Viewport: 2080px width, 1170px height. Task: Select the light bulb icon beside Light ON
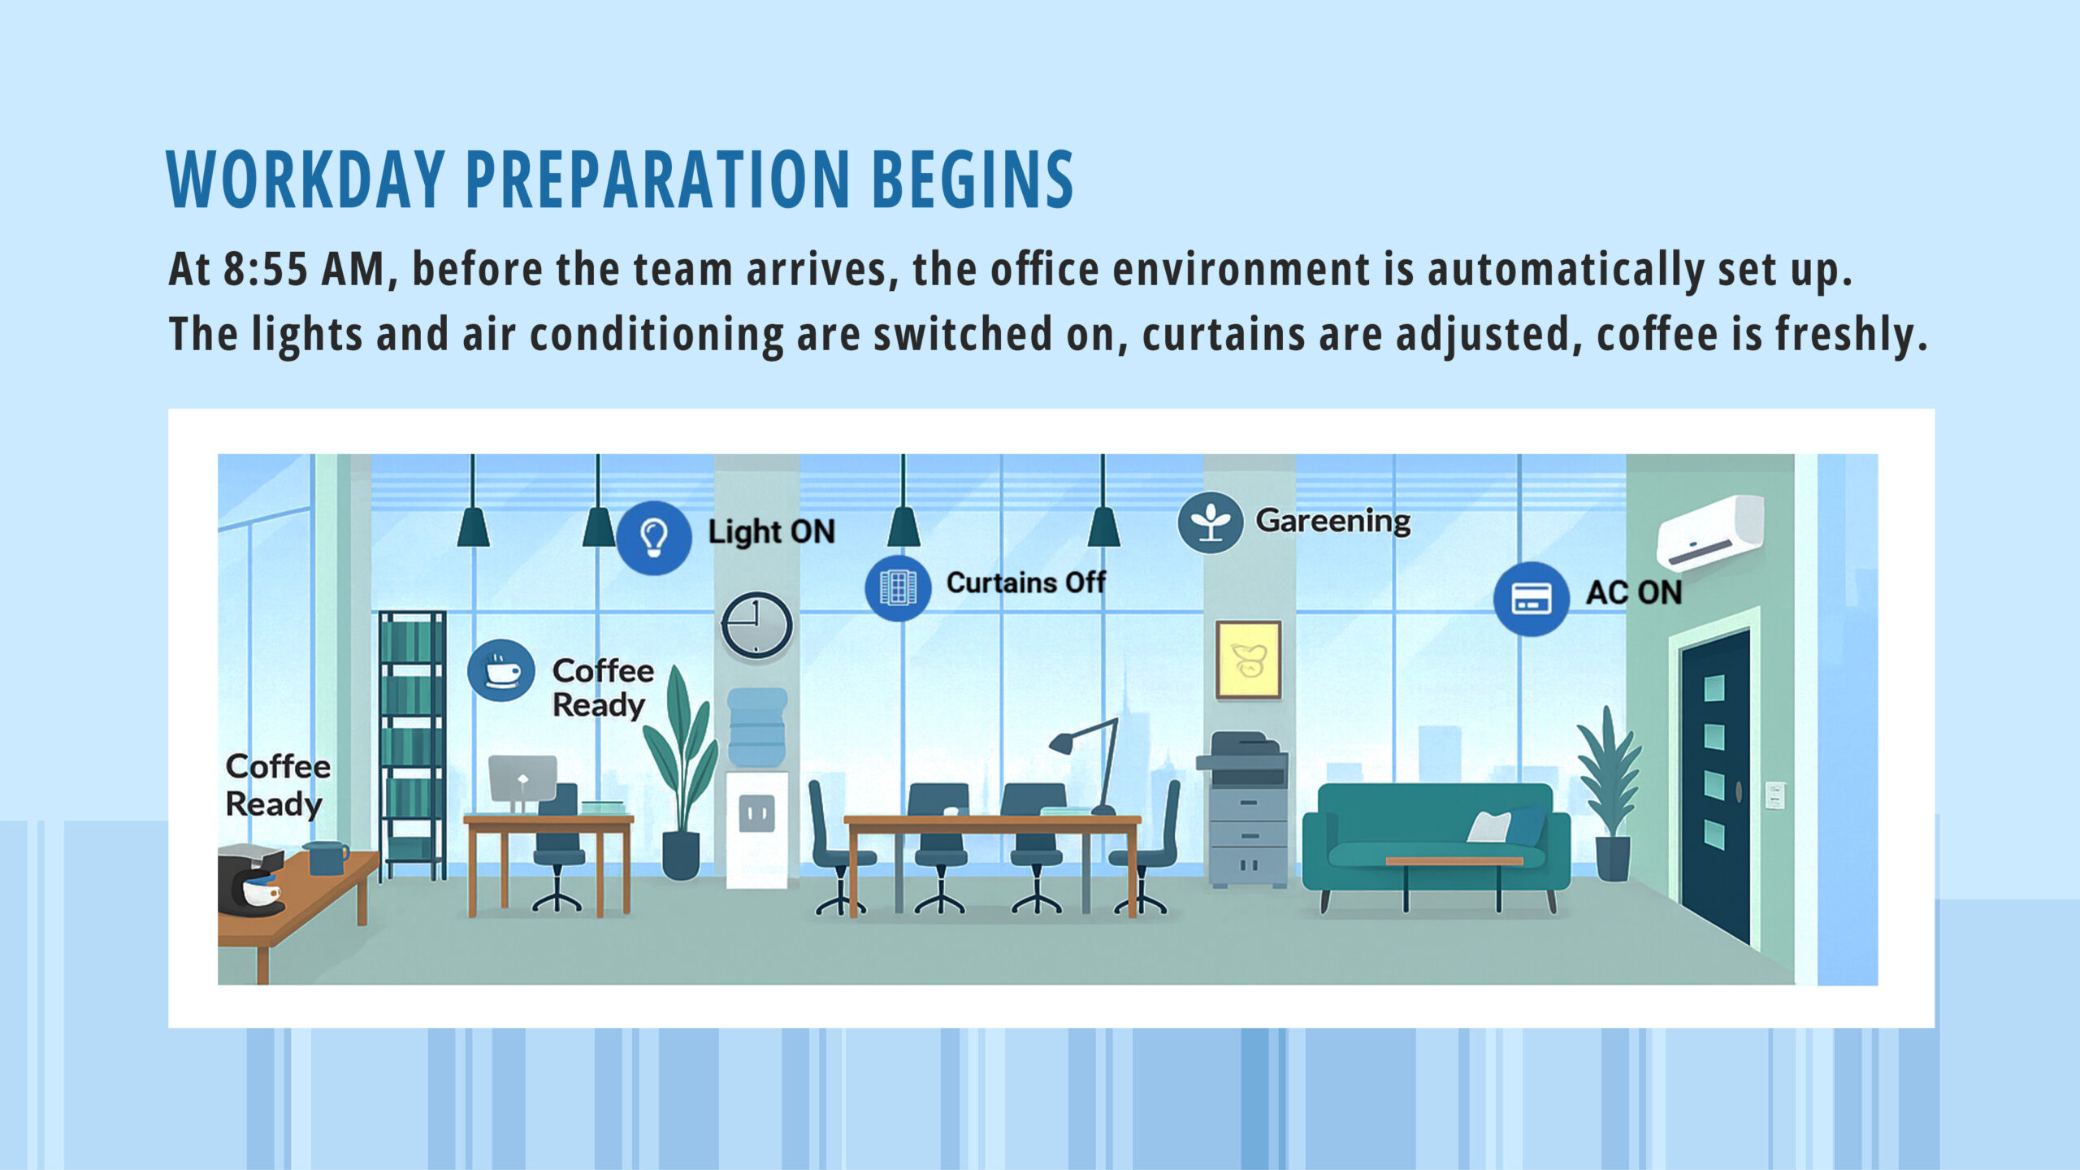point(653,537)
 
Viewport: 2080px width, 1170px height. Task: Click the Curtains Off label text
point(1025,583)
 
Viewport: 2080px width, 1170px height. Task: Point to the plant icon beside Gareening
point(1210,522)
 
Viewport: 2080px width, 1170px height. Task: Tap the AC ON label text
point(1634,592)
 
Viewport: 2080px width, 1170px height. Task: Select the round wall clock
point(756,625)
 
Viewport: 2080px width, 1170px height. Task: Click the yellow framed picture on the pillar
point(1248,660)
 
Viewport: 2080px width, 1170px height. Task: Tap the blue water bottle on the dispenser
point(757,727)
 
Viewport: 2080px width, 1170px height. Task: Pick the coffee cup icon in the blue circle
point(501,671)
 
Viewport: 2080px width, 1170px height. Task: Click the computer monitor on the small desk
point(522,778)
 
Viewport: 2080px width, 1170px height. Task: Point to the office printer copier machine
point(1243,808)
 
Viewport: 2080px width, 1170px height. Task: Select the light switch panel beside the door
point(1776,795)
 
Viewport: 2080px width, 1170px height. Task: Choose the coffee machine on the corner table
point(249,881)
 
